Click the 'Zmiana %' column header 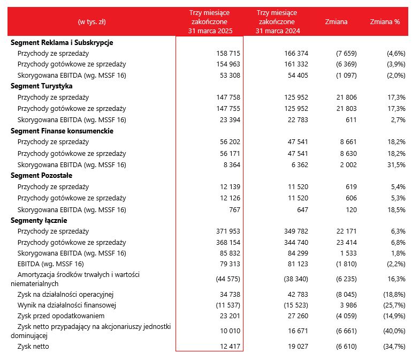(385, 21)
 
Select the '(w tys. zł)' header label (91, 22)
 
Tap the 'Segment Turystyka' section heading (42, 86)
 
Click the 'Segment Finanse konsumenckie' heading (62, 131)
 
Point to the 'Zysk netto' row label (33, 346)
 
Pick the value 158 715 (228, 54)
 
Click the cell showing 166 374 (296, 54)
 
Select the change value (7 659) (346, 54)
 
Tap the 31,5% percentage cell (396, 165)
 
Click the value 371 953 (228, 231)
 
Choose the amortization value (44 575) (228, 279)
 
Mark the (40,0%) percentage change (394, 331)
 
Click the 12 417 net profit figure (230, 346)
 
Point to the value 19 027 (298, 346)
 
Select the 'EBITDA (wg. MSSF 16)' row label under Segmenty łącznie (50, 264)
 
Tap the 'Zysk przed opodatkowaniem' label (61, 316)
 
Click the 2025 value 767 (235, 210)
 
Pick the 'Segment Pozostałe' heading (42, 176)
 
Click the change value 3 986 (348, 305)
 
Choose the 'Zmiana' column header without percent (336, 21)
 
